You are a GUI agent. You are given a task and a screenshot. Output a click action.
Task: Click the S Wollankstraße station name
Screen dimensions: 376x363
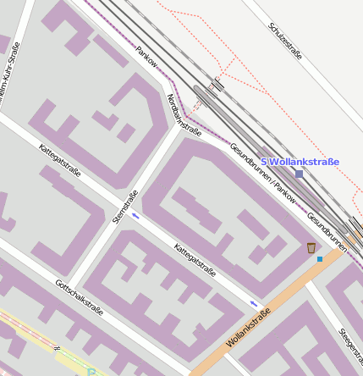[x=300, y=162]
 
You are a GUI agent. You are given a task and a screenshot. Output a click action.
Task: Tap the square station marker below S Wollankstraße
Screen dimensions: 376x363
[x=299, y=174]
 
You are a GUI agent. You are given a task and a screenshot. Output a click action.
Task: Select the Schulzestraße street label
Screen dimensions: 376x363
[x=285, y=41]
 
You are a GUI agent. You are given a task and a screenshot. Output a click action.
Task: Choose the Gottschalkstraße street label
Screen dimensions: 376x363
[x=79, y=298]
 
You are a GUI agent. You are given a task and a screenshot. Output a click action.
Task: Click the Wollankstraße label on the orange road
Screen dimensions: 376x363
[x=249, y=329]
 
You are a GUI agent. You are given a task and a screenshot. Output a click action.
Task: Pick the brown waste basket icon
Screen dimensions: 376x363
[x=311, y=247]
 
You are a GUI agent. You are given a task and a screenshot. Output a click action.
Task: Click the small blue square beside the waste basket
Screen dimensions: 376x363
[x=320, y=258]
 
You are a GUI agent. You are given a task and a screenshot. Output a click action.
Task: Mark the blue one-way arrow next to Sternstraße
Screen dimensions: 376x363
[x=135, y=215]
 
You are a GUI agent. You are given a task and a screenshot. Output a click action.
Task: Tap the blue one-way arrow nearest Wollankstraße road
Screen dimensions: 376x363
[x=254, y=302]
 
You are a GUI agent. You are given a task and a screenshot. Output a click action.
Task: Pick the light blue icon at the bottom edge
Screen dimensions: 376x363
[x=91, y=371]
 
